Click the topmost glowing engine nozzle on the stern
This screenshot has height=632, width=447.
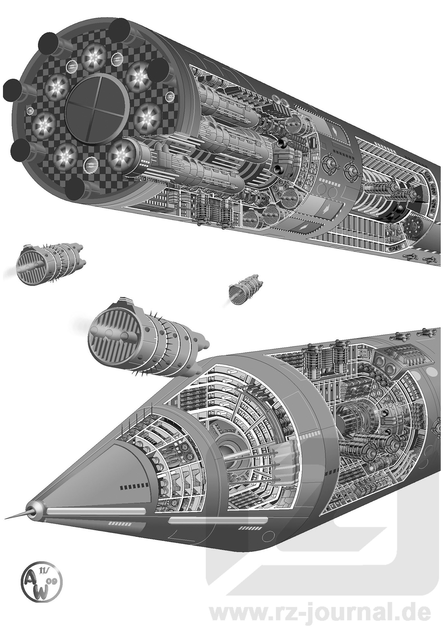pyautogui.click(x=94, y=56)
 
